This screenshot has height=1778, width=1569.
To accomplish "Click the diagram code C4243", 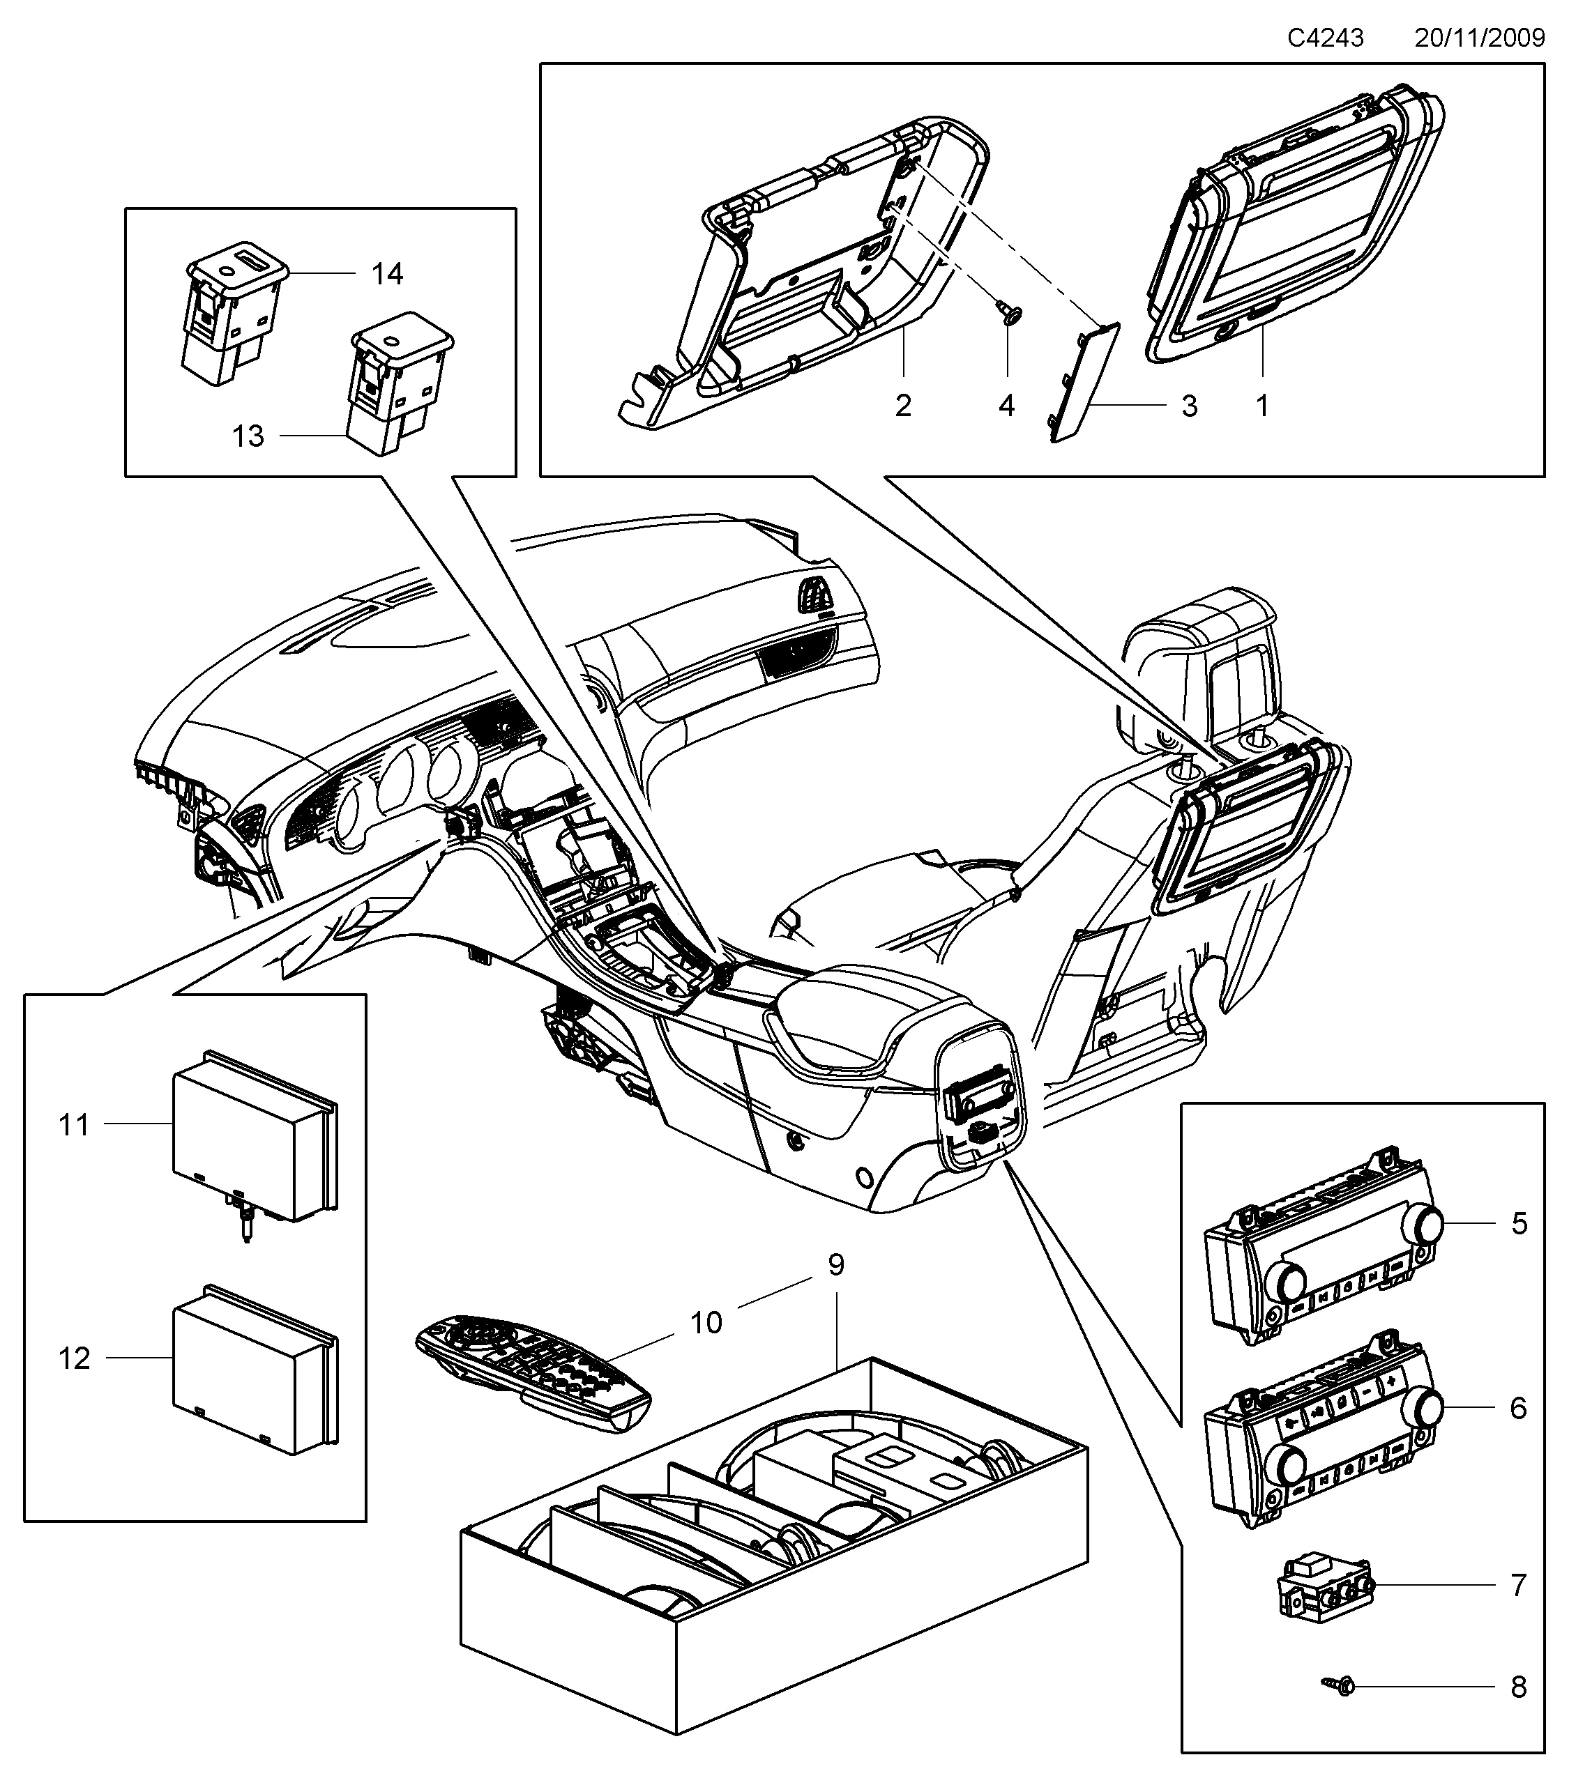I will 1326,38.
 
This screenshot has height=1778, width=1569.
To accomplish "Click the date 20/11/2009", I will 1479,38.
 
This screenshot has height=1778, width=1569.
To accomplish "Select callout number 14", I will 387,275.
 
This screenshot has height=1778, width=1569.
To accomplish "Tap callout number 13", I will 248,436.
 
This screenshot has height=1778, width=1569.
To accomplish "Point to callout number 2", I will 903,406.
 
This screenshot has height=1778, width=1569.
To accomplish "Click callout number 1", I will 1261,406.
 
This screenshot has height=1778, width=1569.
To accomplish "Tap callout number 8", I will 1519,1688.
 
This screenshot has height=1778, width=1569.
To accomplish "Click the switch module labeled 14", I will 234,313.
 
